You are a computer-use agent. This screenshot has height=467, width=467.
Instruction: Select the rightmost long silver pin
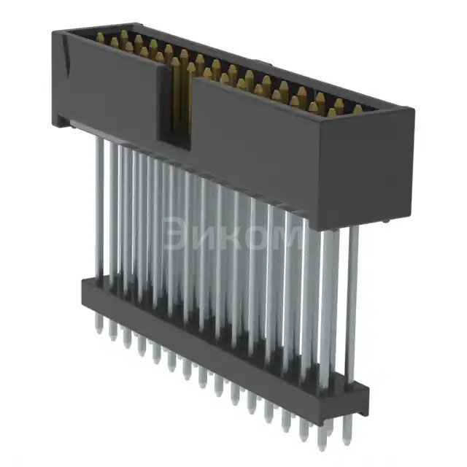352,306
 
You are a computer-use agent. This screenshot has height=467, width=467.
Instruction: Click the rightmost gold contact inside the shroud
358,109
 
